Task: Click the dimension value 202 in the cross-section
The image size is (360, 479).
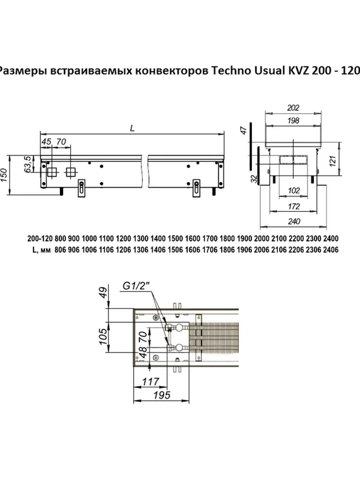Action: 292,107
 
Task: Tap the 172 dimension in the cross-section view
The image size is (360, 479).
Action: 292,207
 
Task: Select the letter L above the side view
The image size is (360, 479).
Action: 131,128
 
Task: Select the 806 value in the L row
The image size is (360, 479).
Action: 63,250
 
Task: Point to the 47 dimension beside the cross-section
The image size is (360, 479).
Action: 243,131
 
